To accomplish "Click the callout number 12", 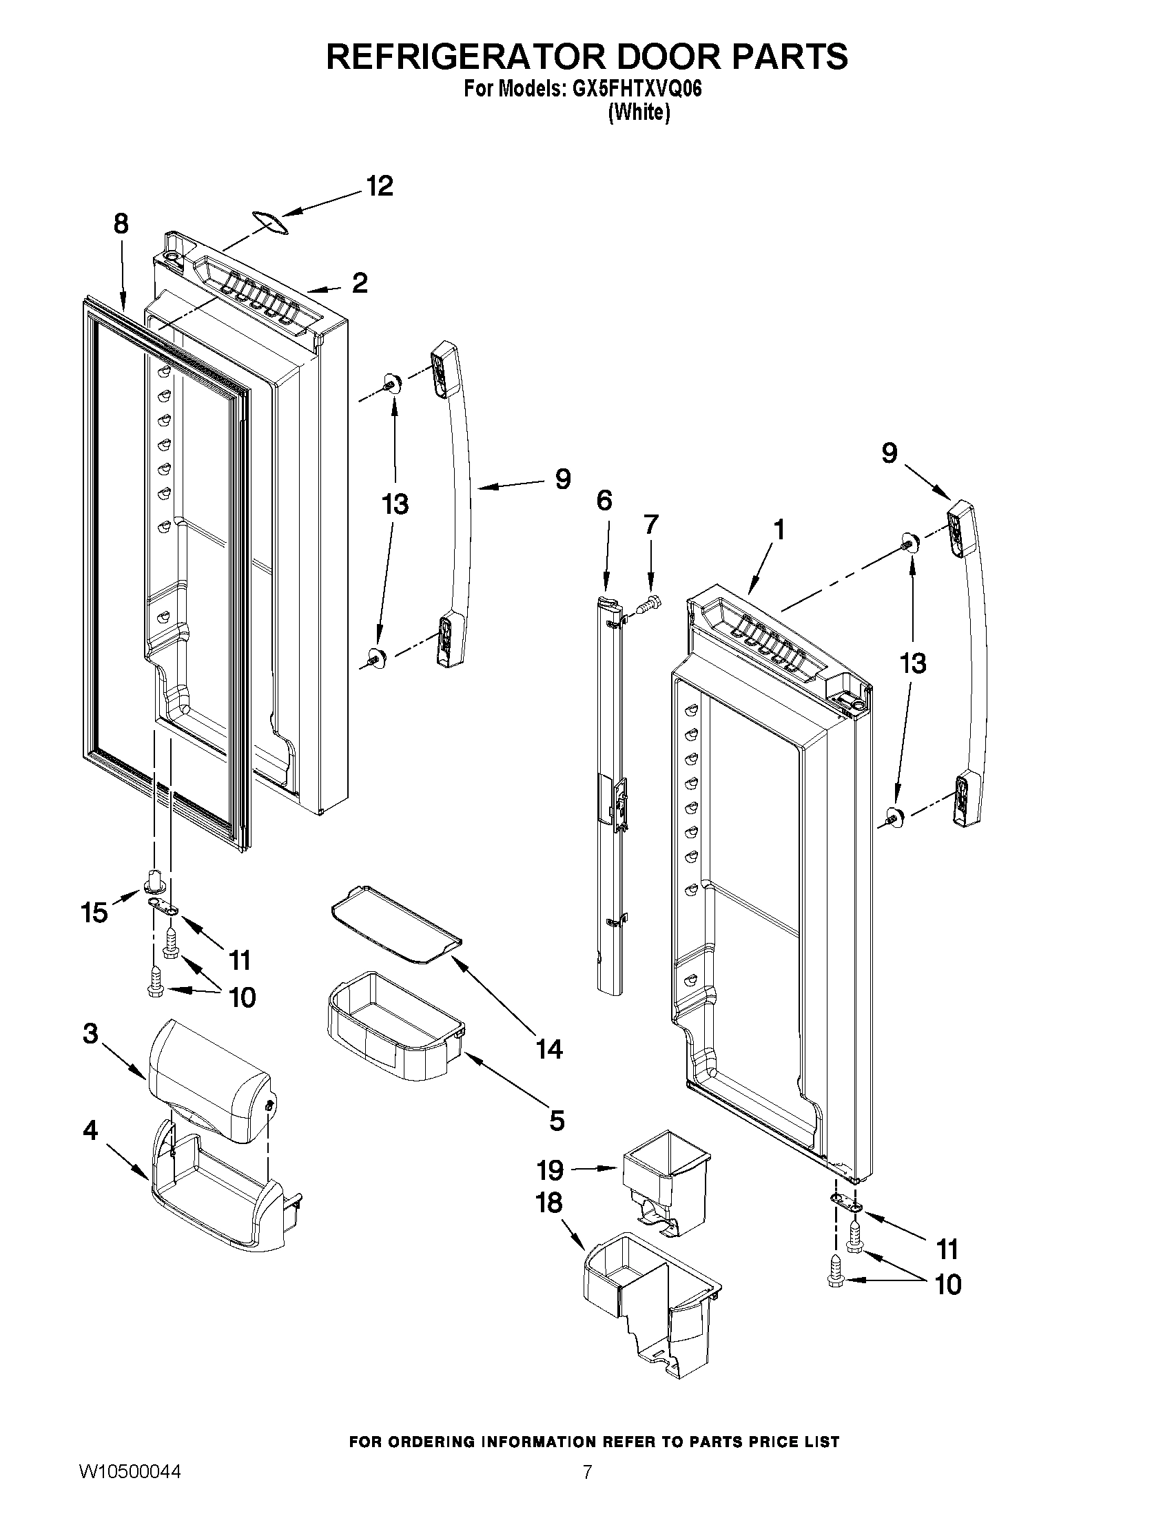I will [380, 186].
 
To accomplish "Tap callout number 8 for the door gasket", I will [121, 224].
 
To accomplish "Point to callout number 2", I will [360, 283].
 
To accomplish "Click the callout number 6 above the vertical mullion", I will [604, 500].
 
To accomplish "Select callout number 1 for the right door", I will [779, 530].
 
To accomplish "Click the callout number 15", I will [94, 911].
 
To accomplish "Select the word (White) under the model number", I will [639, 112].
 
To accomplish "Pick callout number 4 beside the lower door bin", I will [90, 1131].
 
